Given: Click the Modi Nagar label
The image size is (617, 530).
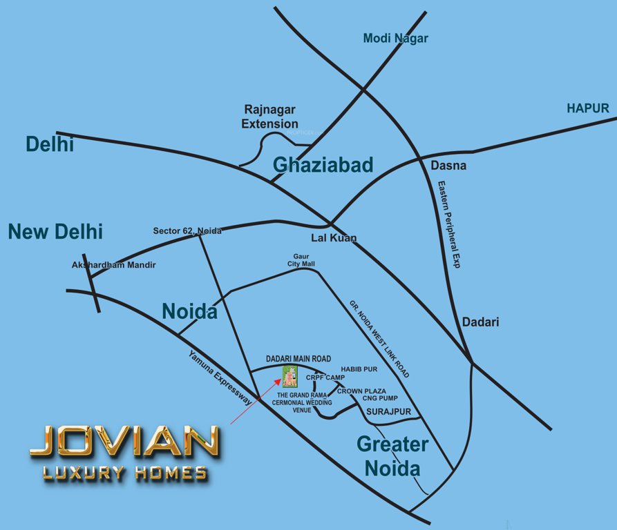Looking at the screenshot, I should [395, 39].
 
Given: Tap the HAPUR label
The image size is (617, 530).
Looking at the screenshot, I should [587, 108].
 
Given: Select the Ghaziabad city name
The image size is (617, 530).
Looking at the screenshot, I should [323, 165].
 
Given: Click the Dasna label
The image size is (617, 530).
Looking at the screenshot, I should [448, 166].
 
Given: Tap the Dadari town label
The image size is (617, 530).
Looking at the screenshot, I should [480, 322].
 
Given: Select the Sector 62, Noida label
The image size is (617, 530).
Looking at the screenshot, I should [187, 231].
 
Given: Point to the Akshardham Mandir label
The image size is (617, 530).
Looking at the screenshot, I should [114, 265].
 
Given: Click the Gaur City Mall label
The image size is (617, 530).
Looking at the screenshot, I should [301, 260].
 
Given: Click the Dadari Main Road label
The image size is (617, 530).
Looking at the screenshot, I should [298, 359].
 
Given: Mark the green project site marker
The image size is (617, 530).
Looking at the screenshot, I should [289, 377].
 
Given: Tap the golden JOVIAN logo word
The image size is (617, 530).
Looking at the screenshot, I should [124, 442].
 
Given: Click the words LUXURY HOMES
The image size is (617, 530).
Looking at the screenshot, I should [124, 473].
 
